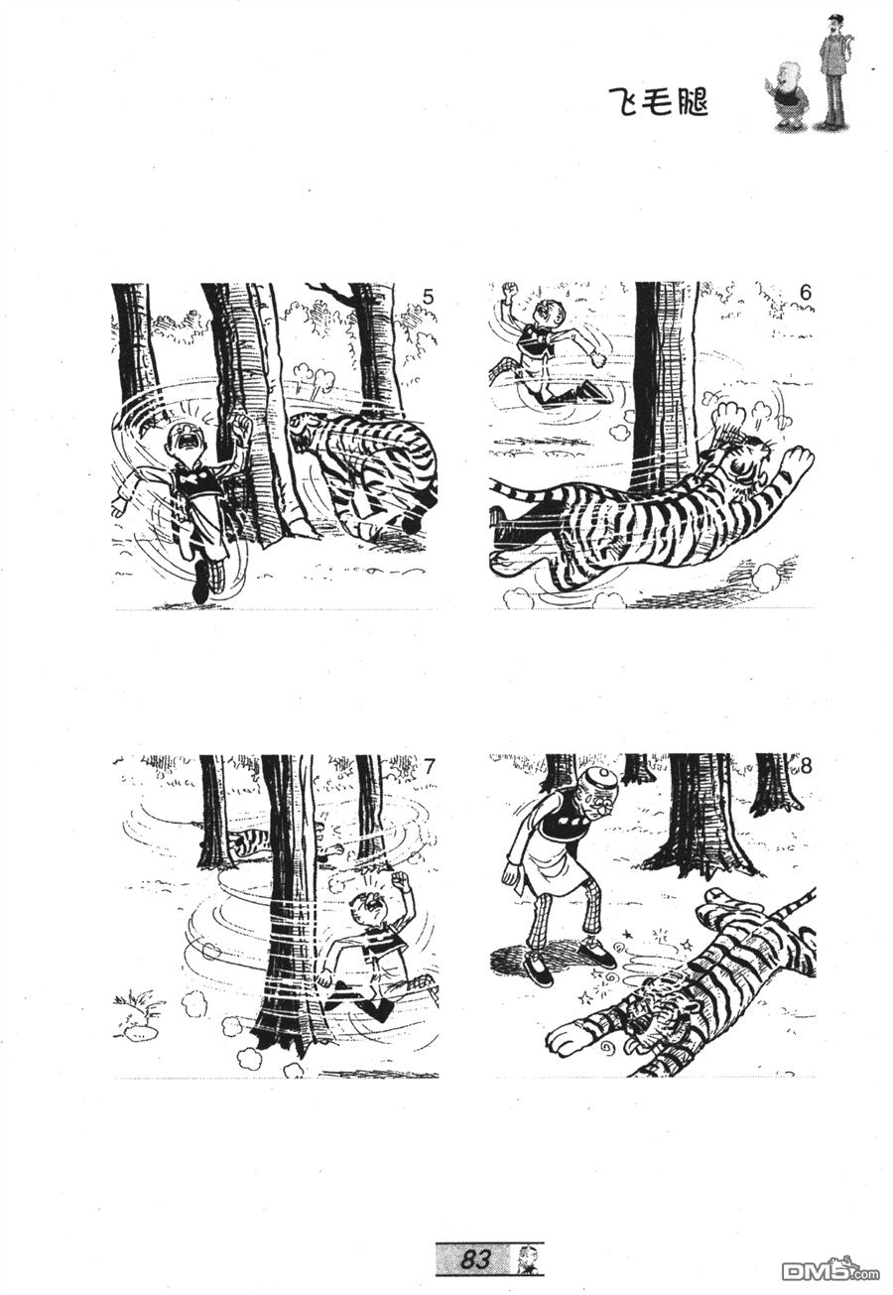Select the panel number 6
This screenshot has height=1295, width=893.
pos(805,293)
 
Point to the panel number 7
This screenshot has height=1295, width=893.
pos(429,767)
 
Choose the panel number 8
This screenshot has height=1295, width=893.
pos(807,767)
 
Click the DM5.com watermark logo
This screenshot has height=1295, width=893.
pos(830,1267)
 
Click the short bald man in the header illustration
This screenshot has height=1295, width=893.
pos(786,95)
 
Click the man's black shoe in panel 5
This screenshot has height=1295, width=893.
pos(201,581)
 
